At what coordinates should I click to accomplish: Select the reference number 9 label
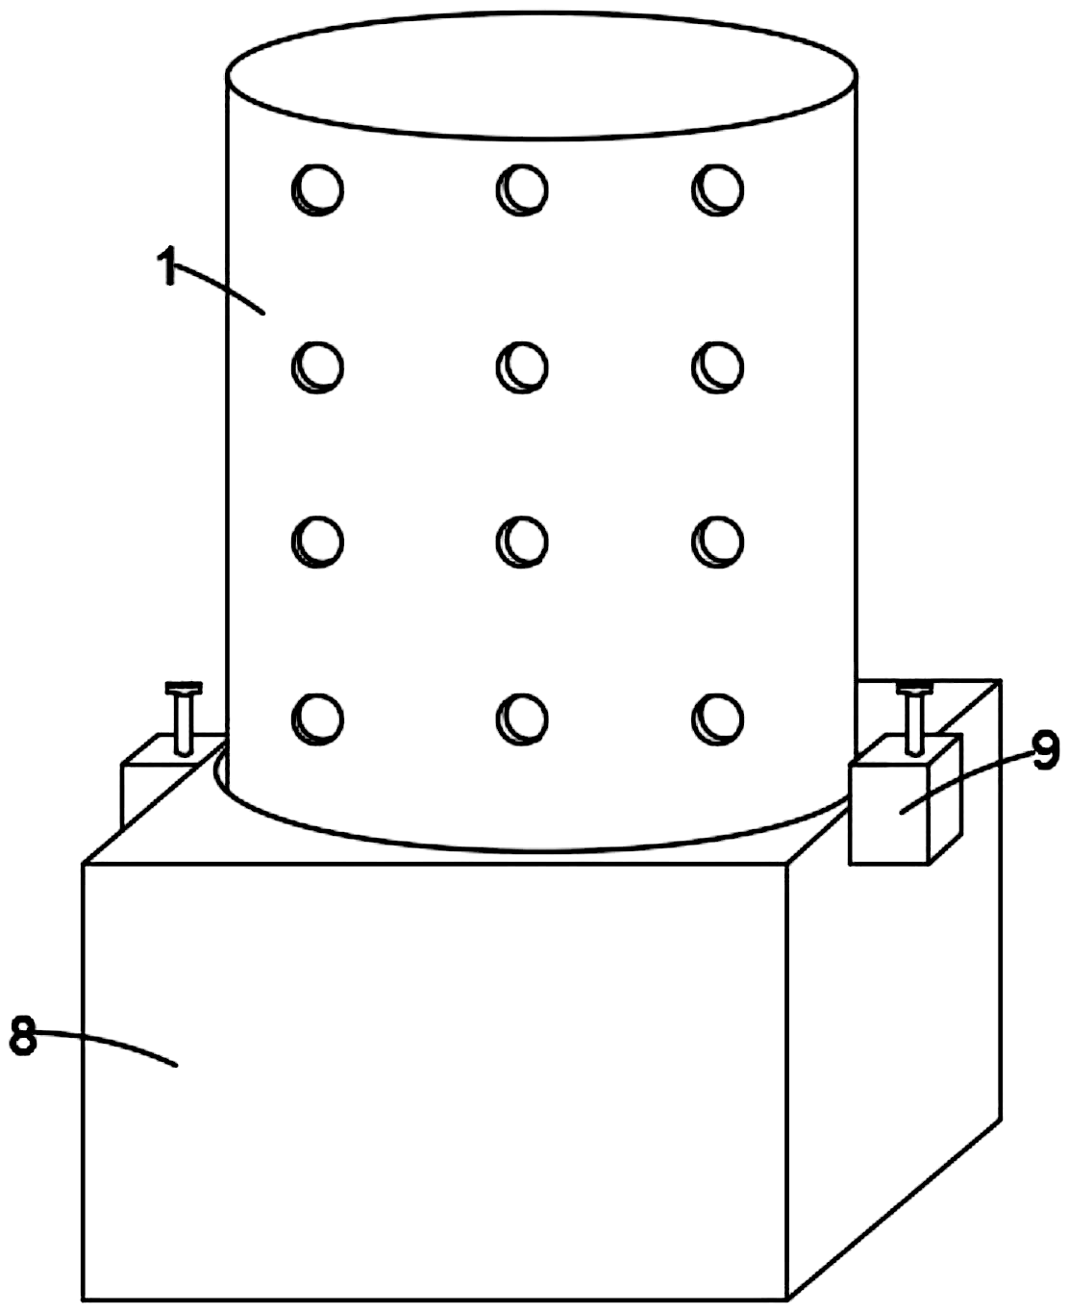pos(1045,751)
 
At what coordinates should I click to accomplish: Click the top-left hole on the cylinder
pos(317,189)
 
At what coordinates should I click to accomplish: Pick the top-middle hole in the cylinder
pos(522,189)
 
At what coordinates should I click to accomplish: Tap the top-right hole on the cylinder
pos(717,189)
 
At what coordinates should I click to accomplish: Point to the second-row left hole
pos(317,367)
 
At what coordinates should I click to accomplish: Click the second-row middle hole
pos(522,367)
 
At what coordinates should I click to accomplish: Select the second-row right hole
pos(717,367)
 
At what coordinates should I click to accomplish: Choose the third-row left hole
pos(317,542)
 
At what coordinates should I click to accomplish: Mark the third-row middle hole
pos(522,542)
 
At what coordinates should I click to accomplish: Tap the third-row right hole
pos(717,542)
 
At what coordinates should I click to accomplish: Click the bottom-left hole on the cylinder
pos(317,719)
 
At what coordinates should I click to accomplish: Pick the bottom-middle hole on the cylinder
pos(522,719)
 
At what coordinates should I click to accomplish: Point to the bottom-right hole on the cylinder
pos(717,719)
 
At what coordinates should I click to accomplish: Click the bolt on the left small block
pos(184,719)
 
